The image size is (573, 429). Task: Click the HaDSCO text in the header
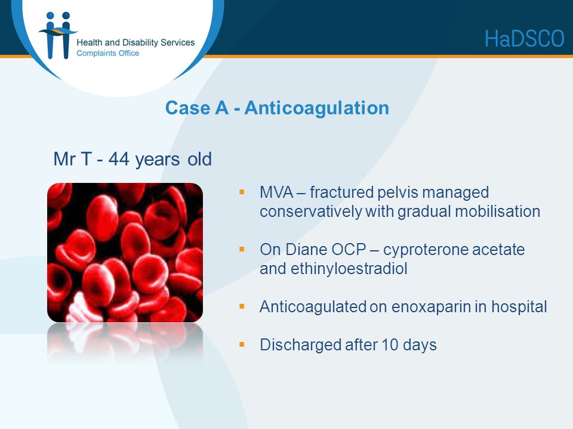pos(525,39)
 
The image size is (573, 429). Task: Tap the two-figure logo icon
pos(58,35)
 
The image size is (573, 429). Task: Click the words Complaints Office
pos(108,53)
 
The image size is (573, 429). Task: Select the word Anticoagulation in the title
pos(317,108)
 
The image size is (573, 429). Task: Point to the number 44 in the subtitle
pos(119,159)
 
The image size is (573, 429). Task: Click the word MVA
pos(276,192)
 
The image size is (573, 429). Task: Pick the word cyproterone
pos(426,250)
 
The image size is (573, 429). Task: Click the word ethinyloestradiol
pos(349,269)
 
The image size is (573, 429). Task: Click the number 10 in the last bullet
pos(390,345)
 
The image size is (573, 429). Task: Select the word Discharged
pos(300,345)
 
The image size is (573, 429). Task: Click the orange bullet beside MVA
pos(242,191)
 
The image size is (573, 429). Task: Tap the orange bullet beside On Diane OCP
pos(242,249)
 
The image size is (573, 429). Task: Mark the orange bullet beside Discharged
pos(242,344)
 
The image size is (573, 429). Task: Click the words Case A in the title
pos(197,108)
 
